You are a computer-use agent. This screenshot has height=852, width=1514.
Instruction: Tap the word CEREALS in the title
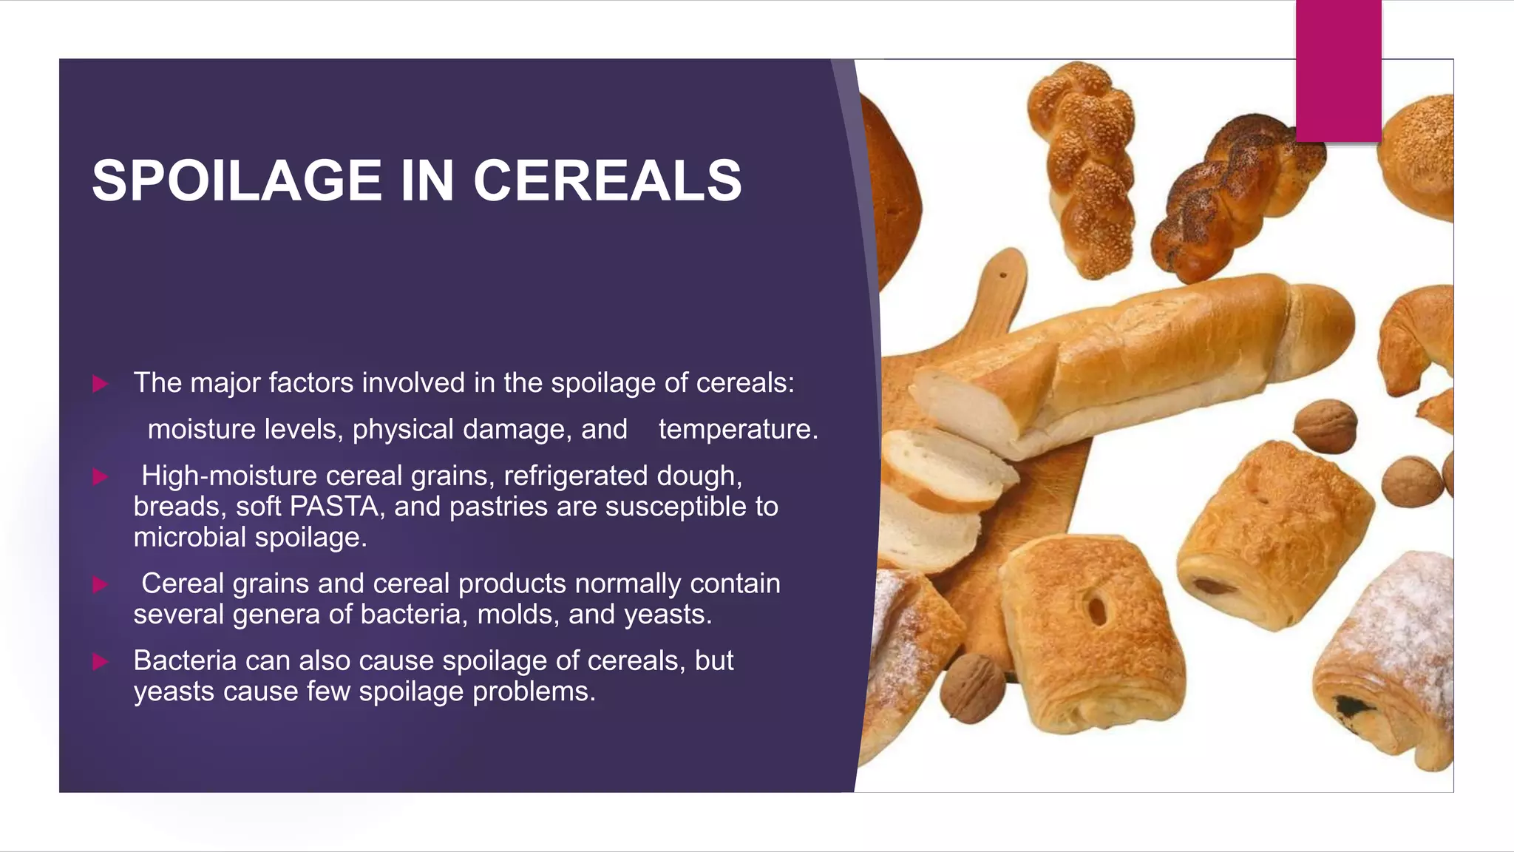[x=607, y=180]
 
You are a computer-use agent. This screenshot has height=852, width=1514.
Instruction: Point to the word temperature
[x=738, y=429]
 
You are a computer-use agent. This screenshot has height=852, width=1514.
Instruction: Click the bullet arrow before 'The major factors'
[x=100, y=384]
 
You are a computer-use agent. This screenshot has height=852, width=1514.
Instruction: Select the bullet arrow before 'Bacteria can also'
[x=100, y=661]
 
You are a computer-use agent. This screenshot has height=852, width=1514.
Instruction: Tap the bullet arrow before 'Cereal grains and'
[x=100, y=585]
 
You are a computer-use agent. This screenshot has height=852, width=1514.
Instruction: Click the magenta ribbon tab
[x=1338, y=71]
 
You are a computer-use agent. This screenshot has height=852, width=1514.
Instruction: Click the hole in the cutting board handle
[x=1002, y=275]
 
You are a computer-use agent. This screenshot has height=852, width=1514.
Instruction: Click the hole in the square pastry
[x=1098, y=609]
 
